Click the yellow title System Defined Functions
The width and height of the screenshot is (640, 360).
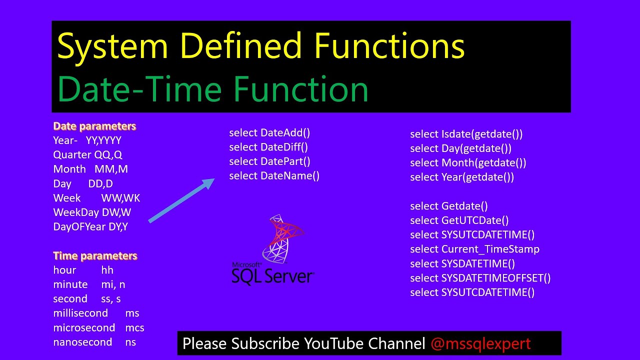coord(260,46)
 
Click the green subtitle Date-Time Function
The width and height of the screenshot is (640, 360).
coord(213,89)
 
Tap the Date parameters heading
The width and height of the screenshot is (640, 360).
coord(94,126)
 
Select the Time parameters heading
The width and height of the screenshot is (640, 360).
coord(95,255)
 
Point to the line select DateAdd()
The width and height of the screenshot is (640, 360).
coord(269,132)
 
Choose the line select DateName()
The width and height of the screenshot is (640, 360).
coord(274,175)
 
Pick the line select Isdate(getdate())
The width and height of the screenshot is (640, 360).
coord(466,134)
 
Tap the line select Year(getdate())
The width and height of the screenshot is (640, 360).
coord(462,177)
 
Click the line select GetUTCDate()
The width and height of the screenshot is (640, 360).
coord(459,220)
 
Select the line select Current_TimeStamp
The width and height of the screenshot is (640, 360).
coord(474,249)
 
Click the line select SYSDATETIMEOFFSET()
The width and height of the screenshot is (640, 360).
coord(480,278)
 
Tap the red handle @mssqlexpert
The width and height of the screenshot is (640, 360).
coord(480,343)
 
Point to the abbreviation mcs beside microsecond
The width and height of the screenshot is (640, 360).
coord(134,328)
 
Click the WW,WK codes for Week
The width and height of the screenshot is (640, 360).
coord(120,198)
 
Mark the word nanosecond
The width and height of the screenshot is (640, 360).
coord(82,342)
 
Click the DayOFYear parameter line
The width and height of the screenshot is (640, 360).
coord(90,226)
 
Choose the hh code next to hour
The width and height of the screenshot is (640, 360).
coord(107,270)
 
